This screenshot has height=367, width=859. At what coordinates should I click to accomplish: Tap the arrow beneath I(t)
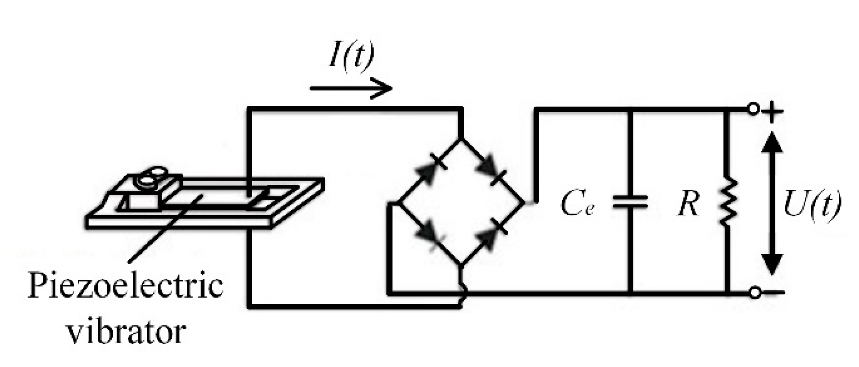coord(351,87)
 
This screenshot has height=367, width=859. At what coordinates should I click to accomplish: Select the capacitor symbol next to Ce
coord(631,202)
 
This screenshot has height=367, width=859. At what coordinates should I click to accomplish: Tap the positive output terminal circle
coord(753,109)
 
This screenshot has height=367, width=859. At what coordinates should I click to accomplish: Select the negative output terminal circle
coord(755,292)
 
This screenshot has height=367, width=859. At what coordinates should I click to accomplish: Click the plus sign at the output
coord(774,112)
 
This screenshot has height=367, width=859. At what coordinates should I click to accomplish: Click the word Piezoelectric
coord(125,287)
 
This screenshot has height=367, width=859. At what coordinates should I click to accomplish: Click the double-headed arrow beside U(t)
coord(772,202)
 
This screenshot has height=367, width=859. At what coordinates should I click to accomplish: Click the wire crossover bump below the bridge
coord(463,294)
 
